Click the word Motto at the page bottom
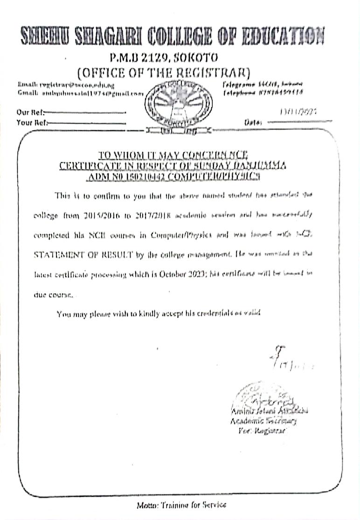[x=147, y=505]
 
